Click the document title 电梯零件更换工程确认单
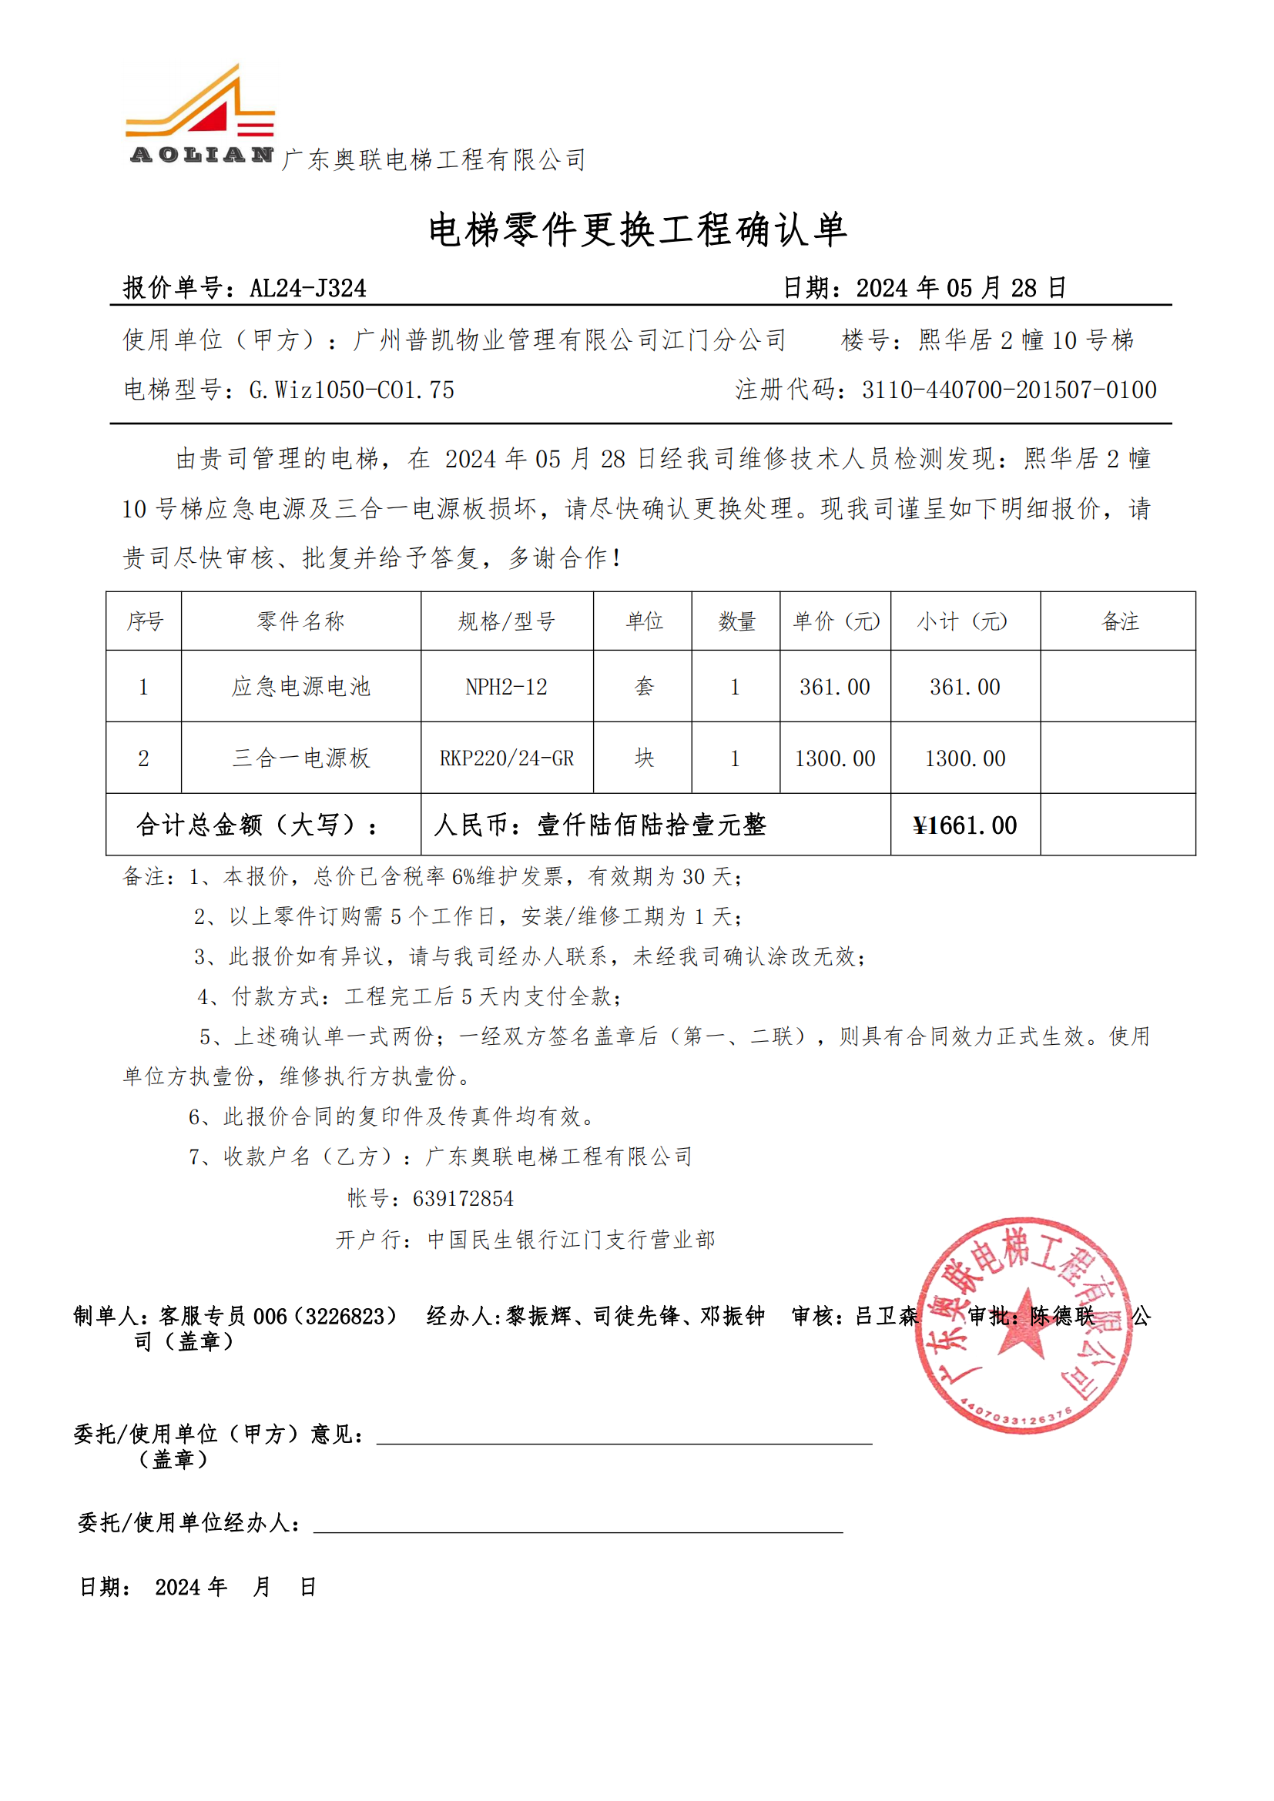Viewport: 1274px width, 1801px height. click(637, 231)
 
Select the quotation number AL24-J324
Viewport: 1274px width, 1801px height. click(307, 289)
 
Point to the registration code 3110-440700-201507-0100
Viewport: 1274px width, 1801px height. click(1009, 390)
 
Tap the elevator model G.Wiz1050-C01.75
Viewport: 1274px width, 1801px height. click(351, 390)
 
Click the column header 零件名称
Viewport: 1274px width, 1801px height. click(301, 621)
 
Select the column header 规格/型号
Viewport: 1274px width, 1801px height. click(507, 621)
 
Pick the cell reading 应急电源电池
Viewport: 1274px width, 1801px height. click(301, 686)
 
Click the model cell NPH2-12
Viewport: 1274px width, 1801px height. click(507, 687)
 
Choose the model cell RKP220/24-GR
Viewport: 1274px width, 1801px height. click(507, 758)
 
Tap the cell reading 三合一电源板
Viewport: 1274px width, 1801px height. click(301, 758)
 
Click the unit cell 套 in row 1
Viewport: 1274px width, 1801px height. click(643, 687)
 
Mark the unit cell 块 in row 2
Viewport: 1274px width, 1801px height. click(643, 758)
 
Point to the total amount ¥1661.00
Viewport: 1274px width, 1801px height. click(965, 825)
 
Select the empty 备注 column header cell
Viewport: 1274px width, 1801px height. click(1118, 621)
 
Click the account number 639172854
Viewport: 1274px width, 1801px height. click(463, 1199)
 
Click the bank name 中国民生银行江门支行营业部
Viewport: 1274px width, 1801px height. click(571, 1240)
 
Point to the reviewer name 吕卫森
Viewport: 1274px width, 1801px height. click(887, 1315)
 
